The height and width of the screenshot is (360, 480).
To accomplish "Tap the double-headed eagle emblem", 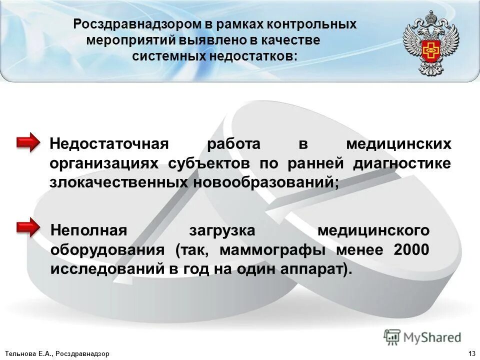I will click(x=430, y=44).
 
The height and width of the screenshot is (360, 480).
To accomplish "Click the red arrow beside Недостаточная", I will click(x=28, y=143).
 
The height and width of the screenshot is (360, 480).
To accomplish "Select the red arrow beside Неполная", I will click(x=28, y=228).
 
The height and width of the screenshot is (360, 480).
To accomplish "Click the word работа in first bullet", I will click(x=234, y=144).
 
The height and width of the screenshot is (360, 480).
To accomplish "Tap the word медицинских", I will click(x=398, y=144).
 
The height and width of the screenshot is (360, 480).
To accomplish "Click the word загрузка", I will click(x=222, y=230).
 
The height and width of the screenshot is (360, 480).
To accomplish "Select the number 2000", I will click(x=411, y=249).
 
